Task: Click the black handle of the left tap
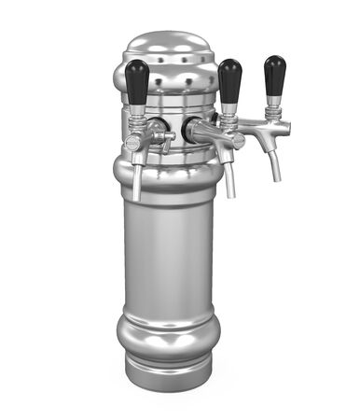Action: click(x=136, y=81)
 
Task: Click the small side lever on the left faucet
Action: click(x=165, y=140)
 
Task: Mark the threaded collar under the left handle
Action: click(x=136, y=119)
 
